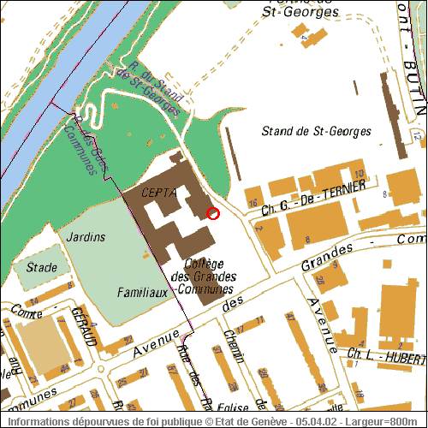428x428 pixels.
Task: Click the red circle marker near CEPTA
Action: (213, 213)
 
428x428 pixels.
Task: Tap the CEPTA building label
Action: (160, 193)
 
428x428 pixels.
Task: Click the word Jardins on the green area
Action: (85, 235)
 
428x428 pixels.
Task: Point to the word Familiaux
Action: (140, 293)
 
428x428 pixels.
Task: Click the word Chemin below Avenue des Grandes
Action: (229, 345)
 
